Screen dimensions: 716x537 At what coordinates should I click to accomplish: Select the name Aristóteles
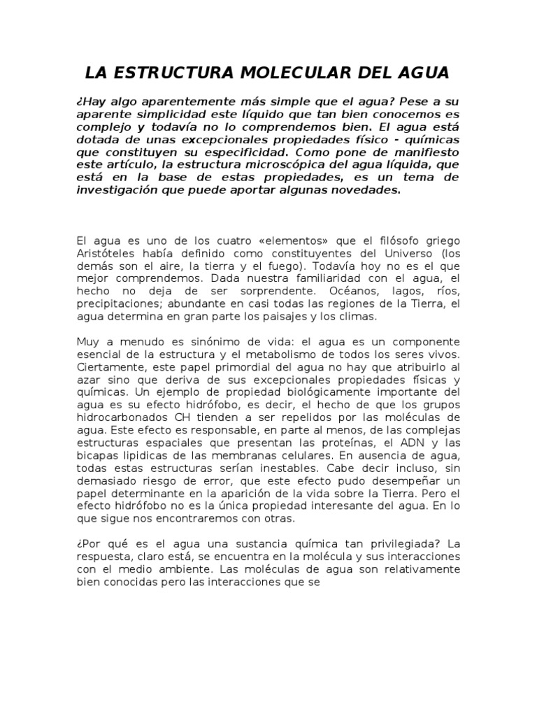(x=107, y=253)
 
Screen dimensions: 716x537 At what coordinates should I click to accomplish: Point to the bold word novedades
(x=366, y=191)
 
